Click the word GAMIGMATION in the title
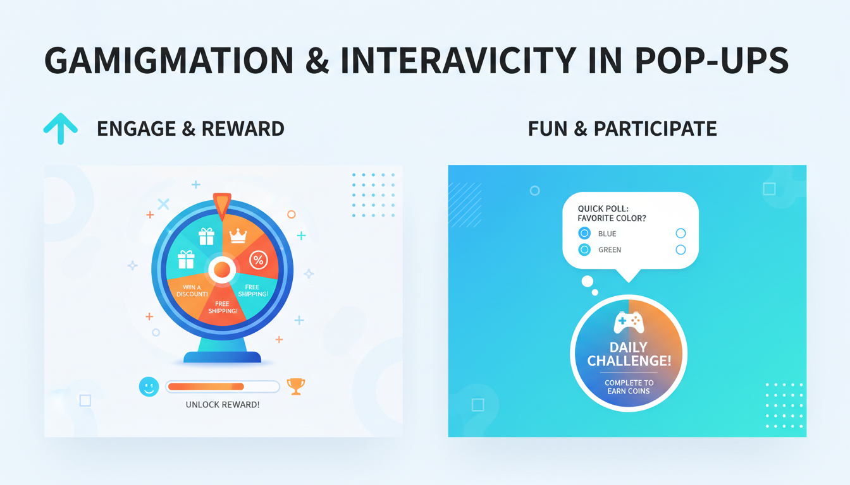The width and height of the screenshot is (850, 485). point(169,61)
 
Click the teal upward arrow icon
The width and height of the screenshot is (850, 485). point(61,128)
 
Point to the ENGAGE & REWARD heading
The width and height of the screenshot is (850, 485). point(190,129)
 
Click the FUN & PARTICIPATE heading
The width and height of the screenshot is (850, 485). point(622,129)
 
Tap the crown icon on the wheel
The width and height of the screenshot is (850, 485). point(238,236)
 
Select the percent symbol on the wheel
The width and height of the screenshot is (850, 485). point(258,259)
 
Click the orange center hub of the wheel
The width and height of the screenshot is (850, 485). point(222,270)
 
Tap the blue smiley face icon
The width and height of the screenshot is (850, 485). point(149,386)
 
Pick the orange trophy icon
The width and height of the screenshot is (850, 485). point(295,385)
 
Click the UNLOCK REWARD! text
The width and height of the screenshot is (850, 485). point(223,404)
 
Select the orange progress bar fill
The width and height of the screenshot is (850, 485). point(206,386)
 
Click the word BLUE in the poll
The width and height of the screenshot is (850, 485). point(607,234)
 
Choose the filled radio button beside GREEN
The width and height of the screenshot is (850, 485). point(584,249)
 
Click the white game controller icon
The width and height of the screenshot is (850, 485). point(629,322)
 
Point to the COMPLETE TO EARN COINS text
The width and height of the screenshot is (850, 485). point(629,387)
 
